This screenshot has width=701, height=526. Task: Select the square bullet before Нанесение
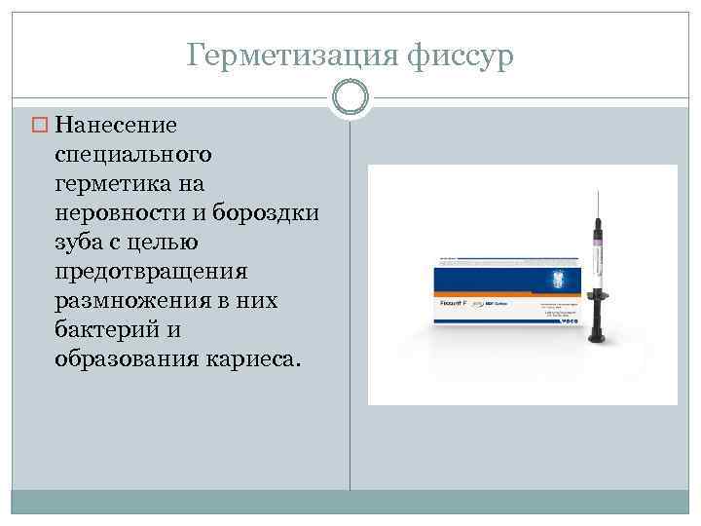(42, 125)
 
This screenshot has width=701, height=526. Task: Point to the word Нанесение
(116, 125)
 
